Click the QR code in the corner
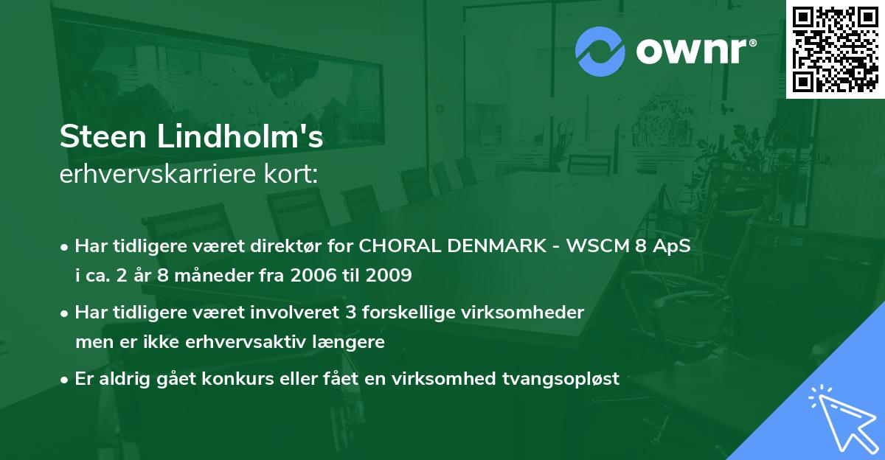coord(836,49)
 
